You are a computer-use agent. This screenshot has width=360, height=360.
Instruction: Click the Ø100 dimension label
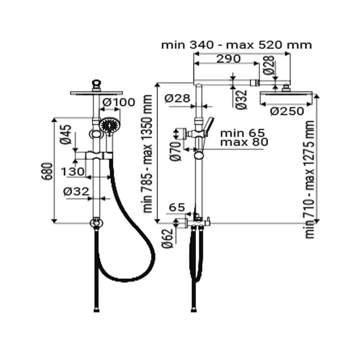118,103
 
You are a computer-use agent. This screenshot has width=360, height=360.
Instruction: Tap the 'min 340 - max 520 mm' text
236,45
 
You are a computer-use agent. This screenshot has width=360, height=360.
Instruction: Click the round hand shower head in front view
110,126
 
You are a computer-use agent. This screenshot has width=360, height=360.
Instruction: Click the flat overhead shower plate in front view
96,93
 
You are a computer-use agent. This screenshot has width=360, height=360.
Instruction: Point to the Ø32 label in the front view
76,191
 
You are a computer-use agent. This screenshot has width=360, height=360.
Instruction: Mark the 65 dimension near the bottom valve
177,207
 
